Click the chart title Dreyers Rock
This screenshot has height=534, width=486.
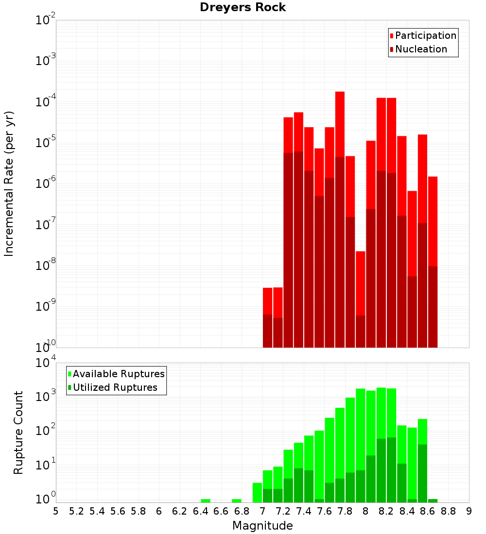point(243,8)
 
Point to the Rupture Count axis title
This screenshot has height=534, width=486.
point(18,433)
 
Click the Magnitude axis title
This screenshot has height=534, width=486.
point(262,526)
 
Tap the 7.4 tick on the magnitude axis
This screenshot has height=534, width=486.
point(304,511)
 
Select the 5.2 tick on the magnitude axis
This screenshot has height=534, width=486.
point(76,511)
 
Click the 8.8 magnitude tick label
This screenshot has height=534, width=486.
point(448,511)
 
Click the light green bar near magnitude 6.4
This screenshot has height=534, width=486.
point(206,501)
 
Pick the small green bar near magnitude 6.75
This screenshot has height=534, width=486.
point(237,501)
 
